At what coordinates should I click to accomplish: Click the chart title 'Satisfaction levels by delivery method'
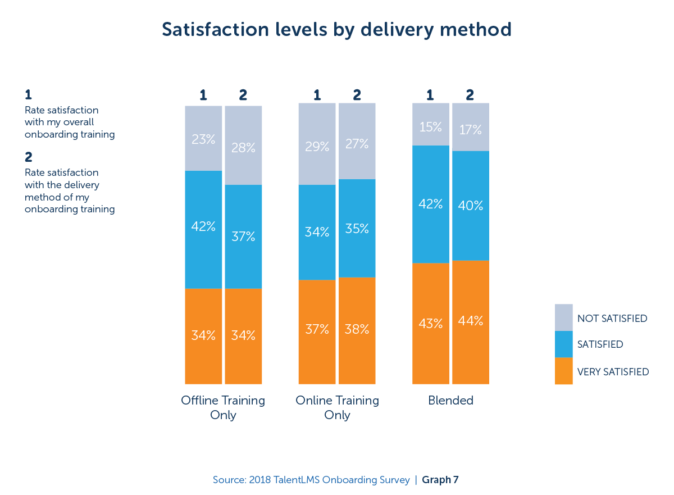click(336, 29)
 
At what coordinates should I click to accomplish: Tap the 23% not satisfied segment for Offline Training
click(203, 138)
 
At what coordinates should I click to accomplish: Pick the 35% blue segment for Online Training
click(357, 228)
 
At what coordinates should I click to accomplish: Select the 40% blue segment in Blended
click(470, 206)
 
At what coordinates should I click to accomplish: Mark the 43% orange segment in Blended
click(430, 324)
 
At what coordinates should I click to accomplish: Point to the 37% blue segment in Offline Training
click(243, 237)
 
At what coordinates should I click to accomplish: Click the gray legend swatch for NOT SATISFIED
click(563, 317)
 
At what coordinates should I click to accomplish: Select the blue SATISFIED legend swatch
click(563, 344)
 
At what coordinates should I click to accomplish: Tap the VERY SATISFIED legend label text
click(613, 371)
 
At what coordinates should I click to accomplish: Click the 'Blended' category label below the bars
click(450, 401)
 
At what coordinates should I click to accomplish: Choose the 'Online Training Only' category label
click(337, 407)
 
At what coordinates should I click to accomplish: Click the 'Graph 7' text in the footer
click(440, 480)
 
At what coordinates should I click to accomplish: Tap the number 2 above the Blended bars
click(470, 95)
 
